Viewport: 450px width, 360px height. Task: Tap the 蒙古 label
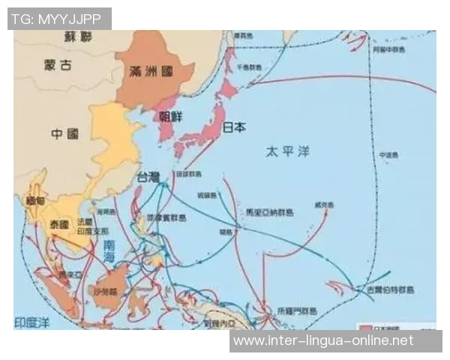pos(57,65)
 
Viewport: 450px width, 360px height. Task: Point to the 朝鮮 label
pos(171,116)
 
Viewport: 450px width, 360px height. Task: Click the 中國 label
pos(64,134)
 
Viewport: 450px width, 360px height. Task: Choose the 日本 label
pos(234,127)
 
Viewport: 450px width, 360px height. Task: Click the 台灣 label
pos(147,178)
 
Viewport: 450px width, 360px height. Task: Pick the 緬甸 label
pos(35,201)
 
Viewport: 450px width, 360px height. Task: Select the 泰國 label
pos(58,224)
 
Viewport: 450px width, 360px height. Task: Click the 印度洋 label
pos(35,322)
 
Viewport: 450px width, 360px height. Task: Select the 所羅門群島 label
pos(298,309)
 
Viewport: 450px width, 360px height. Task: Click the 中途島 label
pos(387,155)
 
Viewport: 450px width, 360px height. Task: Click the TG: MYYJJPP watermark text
pos(58,19)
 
